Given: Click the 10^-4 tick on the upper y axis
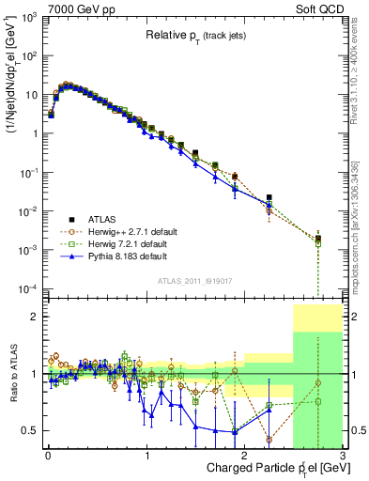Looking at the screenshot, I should click(30, 287).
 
